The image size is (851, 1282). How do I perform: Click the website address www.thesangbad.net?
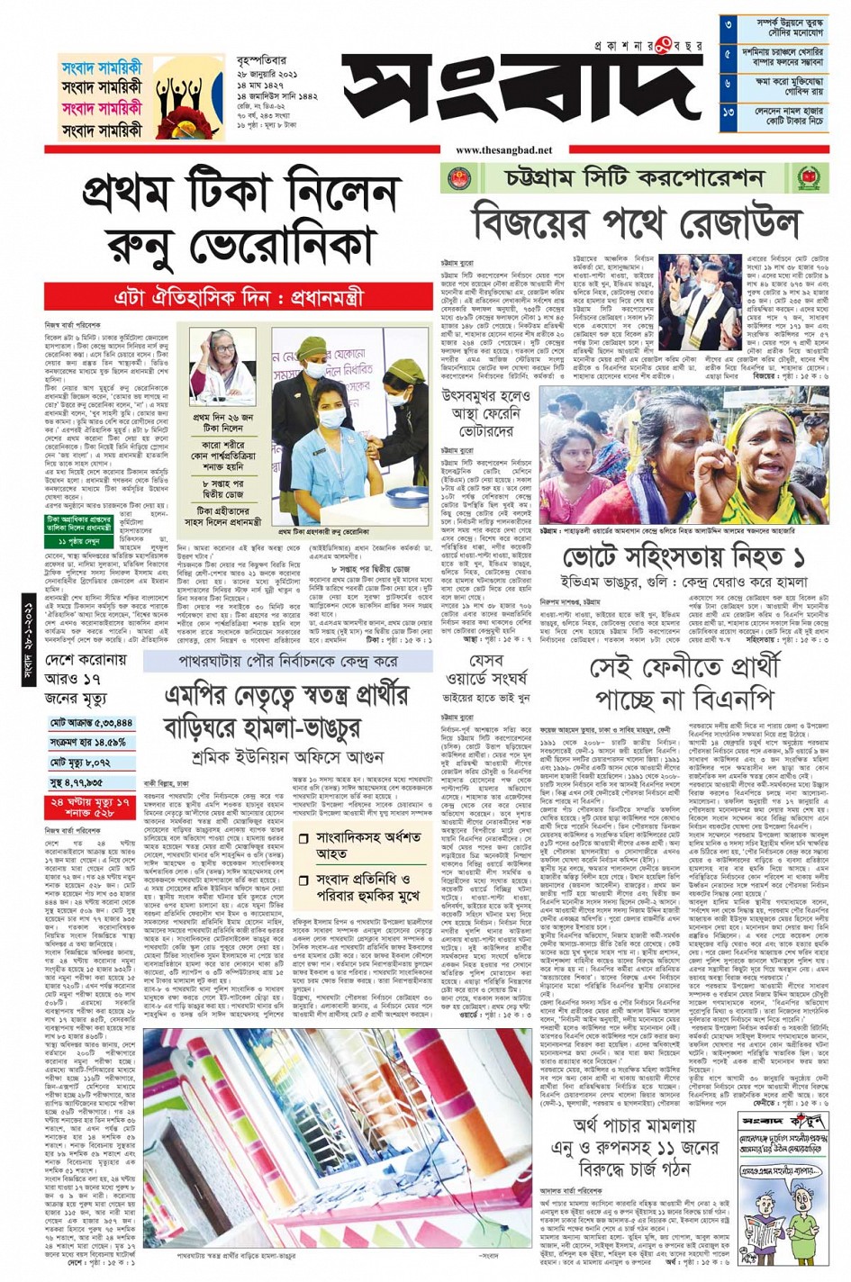504,150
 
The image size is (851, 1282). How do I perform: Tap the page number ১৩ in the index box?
729,114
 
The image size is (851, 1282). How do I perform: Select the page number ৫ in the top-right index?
729,55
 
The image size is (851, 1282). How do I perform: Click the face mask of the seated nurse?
330,418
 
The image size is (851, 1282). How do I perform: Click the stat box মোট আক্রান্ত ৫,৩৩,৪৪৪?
91,723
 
